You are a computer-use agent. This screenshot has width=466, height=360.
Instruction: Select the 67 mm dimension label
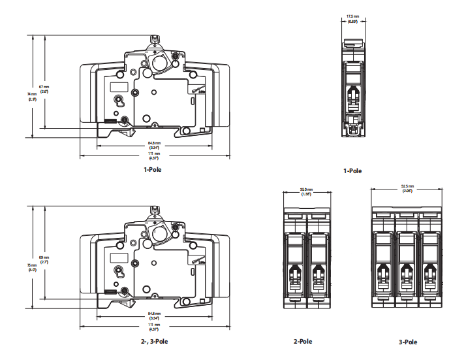(44, 89)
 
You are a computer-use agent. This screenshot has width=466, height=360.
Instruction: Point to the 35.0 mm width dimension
(305, 192)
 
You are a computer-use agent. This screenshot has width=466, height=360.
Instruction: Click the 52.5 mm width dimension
(407, 189)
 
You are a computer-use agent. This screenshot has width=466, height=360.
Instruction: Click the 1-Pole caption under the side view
(153, 170)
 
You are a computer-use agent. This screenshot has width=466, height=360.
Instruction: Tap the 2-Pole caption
(303, 341)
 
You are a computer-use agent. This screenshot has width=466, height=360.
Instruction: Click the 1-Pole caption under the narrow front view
(352, 171)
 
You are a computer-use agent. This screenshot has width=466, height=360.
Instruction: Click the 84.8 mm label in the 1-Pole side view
(153, 145)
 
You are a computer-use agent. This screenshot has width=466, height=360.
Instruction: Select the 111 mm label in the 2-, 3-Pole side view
(153, 327)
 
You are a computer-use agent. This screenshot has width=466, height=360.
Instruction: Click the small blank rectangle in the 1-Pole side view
(118, 86)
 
